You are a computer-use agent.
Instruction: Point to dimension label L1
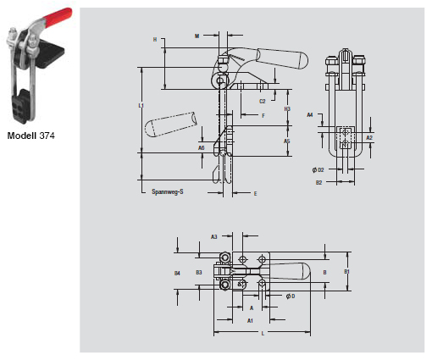[x=141, y=105]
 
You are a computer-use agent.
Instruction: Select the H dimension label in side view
[x=155, y=39]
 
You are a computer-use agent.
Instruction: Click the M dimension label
[x=197, y=36]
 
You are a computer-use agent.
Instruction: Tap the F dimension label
[x=263, y=115]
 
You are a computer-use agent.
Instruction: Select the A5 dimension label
[x=287, y=141]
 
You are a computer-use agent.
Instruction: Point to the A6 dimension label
[x=202, y=147]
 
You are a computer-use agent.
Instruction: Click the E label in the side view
[x=255, y=193]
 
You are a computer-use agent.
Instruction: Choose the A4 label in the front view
[x=310, y=114]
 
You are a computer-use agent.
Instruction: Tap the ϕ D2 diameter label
[x=318, y=169]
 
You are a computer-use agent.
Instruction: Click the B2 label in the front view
[x=319, y=181]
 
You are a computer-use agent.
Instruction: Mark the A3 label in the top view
[x=214, y=236]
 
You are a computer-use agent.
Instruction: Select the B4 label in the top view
[x=177, y=273]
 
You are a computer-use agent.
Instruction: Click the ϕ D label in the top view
[x=290, y=296]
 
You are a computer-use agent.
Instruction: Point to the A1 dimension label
[x=250, y=321]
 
